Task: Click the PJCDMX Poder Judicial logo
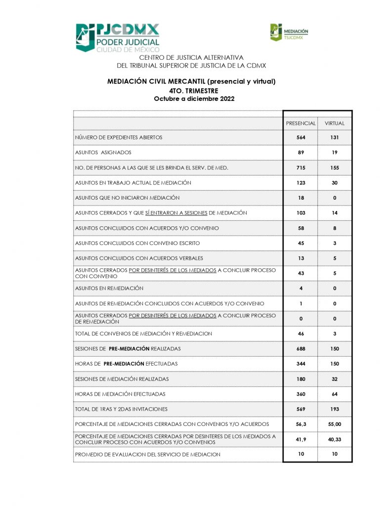click(x=117, y=38)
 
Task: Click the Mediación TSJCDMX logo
click(x=289, y=32)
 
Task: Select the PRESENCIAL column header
click(x=301, y=123)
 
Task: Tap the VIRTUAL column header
click(x=335, y=123)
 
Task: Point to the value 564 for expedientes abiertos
click(x=301, y=137)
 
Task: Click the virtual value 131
click(x=335, y=137)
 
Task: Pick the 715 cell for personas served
click(x=301, y=168)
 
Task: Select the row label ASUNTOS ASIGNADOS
click(x=103, y=153)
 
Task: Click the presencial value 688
click(x=301, y=349)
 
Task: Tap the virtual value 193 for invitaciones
click(x=335, y=409)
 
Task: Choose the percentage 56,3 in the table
click(x=301, y=424)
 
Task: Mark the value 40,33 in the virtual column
click(x=335, y=439)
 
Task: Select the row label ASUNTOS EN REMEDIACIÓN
click(x=109, y=288)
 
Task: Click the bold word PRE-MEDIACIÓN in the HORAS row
click(x=124, y=364)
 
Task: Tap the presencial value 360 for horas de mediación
click(x=301, y=394)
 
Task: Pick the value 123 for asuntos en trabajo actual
click(x=301, y=183)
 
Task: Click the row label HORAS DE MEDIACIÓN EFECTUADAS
click(x=120, y=394)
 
